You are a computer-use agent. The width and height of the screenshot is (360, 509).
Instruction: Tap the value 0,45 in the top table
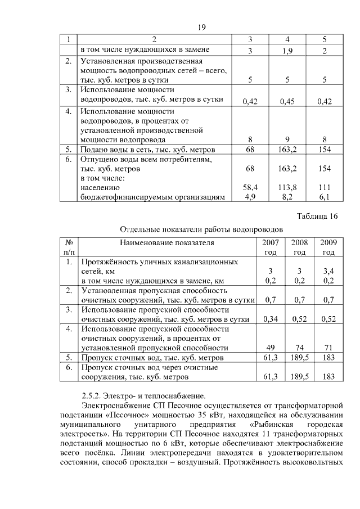[287, 101]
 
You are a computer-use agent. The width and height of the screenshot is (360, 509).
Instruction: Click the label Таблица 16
[318, 217]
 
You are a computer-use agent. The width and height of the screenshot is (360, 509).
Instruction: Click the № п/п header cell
[70, 247]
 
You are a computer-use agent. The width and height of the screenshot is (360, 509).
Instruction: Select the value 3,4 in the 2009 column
[328, 271]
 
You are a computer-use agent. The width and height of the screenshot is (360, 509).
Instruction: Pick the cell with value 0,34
[271, 319]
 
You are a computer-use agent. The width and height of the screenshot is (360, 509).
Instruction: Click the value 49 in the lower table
[271, 348]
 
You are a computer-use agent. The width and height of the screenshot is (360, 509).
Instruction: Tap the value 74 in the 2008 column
[299, 348]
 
